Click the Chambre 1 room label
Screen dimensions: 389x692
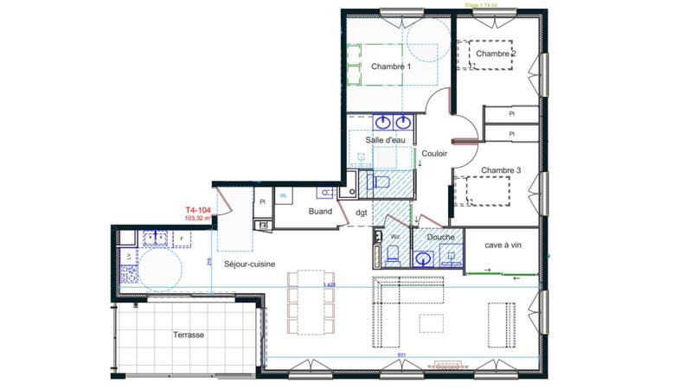tap(391, 67)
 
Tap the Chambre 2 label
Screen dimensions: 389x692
tap(497, 54)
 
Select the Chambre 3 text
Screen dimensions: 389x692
tap(501, 170)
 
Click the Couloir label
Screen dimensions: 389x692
tap(435, 153)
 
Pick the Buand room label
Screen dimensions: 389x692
tap(321, 210)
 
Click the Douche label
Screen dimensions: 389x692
tap(440, 236)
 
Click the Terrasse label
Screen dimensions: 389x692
tap(187, 335)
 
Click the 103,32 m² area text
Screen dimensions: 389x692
tap(198, 219)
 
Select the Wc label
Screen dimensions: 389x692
tap(394, 236)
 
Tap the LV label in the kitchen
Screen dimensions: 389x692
tap(129, 257)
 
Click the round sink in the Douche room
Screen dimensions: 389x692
tap(424, 258)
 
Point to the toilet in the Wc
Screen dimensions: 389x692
tap(393, 254)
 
